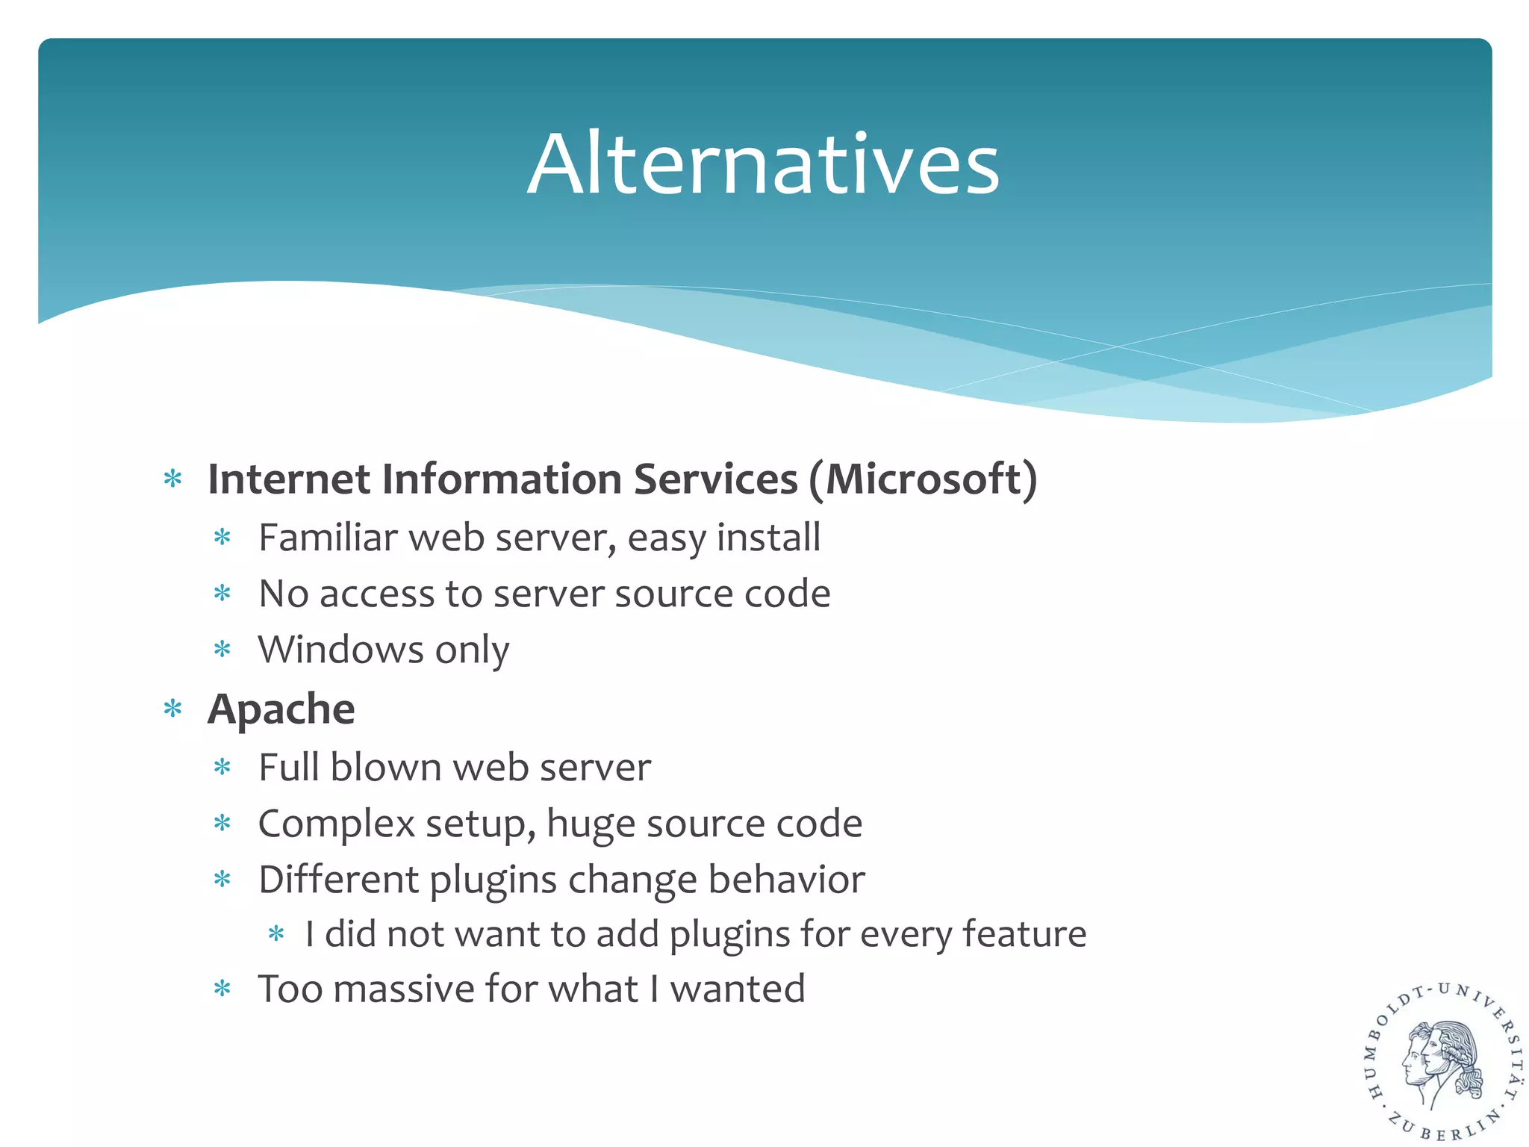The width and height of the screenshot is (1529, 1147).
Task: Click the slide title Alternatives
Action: pyautogui.click(x=763, y=164)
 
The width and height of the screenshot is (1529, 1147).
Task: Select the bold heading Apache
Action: pyautogui.click(x=281, y=709)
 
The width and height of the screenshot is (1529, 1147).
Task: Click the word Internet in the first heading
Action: pyautogui.click(x=288, y=479)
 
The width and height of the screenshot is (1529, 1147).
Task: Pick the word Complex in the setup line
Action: pyautogui.click(x=336, y=824)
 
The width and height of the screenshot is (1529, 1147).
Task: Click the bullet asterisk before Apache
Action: pyautogui.click(x=173, y=709)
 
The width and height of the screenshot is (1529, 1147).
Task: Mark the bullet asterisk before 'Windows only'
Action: pyautogui.click(x=222, y=650)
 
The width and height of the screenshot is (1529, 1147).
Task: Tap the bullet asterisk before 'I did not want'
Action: pyautogui.click(x=276, y=934)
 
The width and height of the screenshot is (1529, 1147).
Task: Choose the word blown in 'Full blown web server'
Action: pyautogui.click(x=386, y=768)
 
